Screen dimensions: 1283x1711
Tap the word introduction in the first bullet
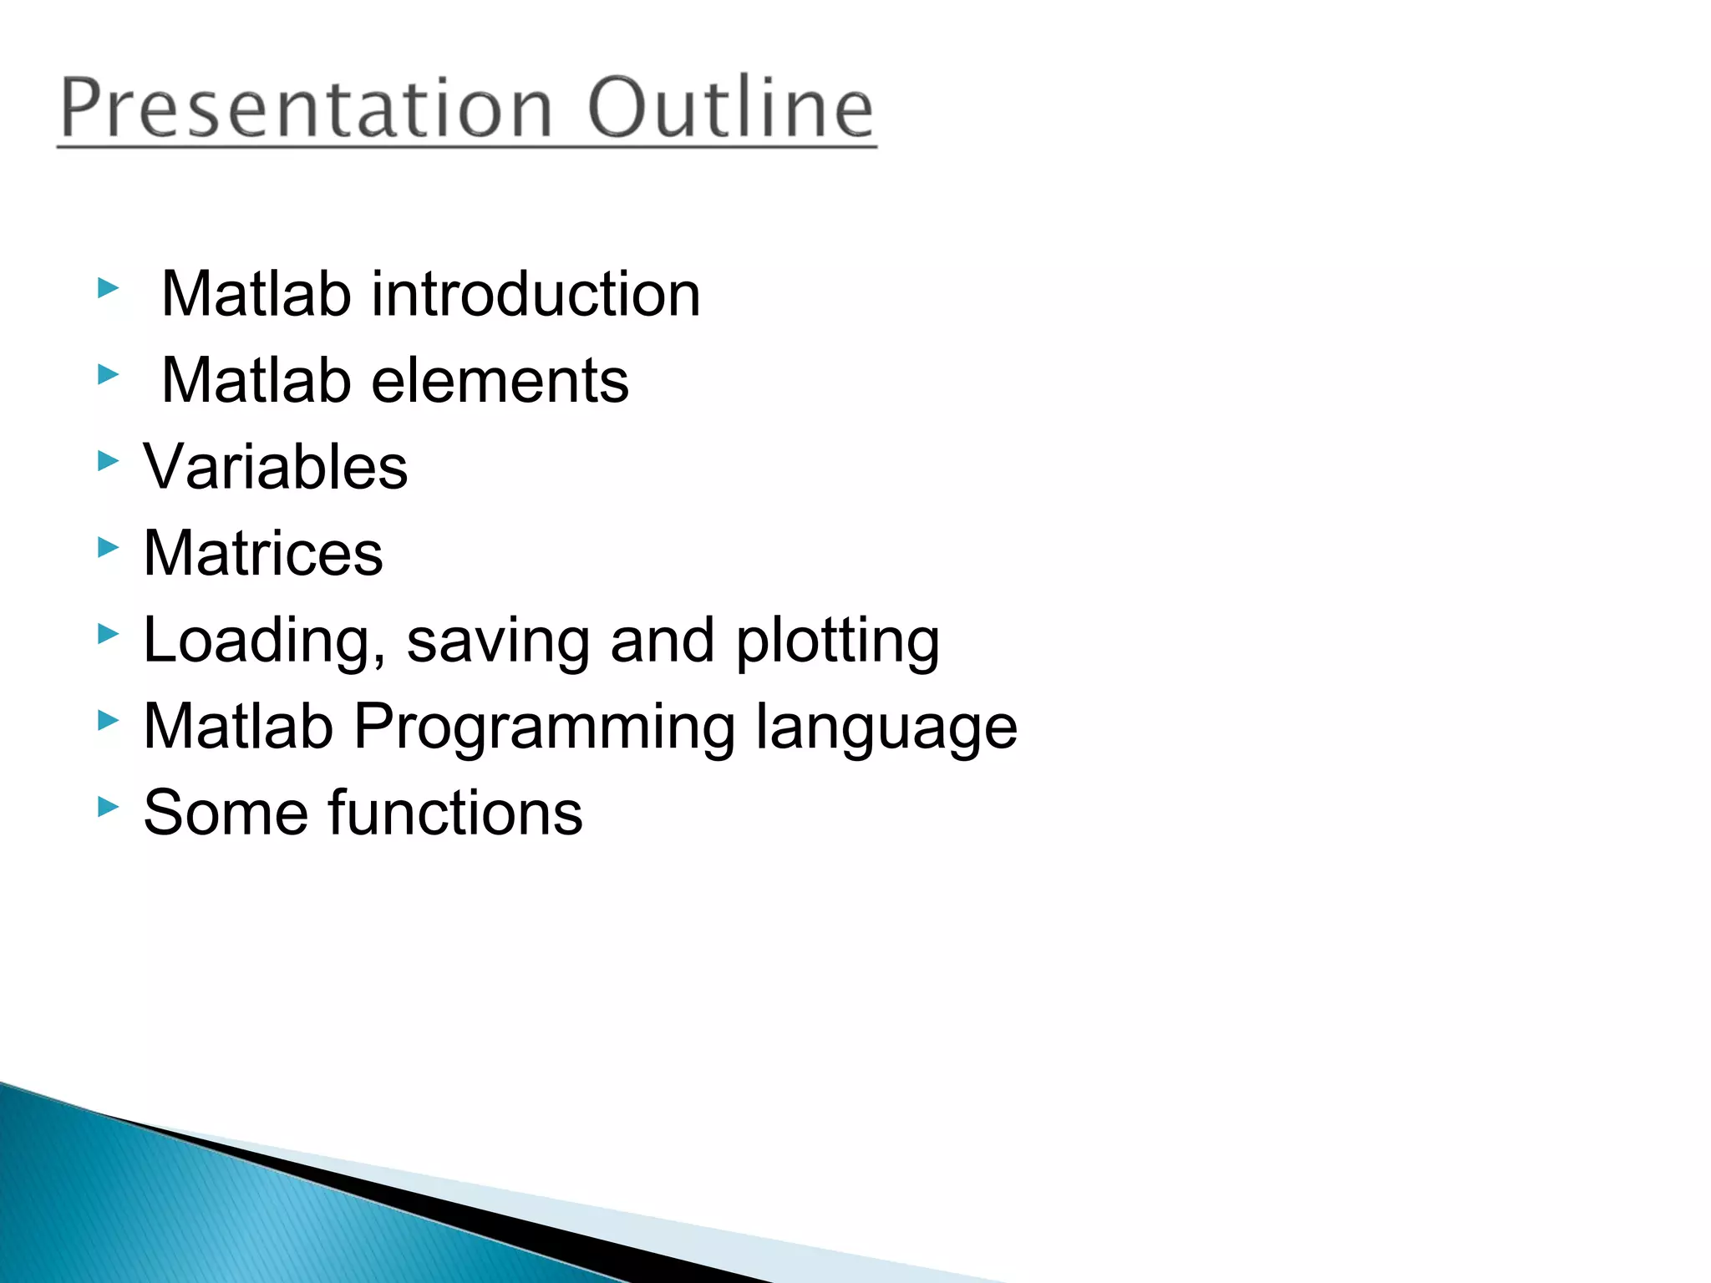click(x=536, y=295)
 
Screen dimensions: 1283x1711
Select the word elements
click(x=500, y=381)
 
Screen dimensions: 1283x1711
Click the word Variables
click(x=276, y=467)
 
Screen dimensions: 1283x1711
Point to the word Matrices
click(x=263, y=553)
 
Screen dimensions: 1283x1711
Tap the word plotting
click(x=837, y=641)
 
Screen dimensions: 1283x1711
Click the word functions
click(x=455, y=813)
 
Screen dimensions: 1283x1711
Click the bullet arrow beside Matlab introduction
click(x=109, y=289)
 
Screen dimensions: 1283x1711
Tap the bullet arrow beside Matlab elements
click(x=109, y=375)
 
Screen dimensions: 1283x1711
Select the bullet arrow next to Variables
click(x=109, y=461)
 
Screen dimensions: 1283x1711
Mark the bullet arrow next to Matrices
click(x=109, y=548)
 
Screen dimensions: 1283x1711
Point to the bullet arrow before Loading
click(x=109, y=634)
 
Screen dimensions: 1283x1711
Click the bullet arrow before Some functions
click(x=109, y=807)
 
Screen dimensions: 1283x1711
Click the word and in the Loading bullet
click(x=662, y=641)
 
